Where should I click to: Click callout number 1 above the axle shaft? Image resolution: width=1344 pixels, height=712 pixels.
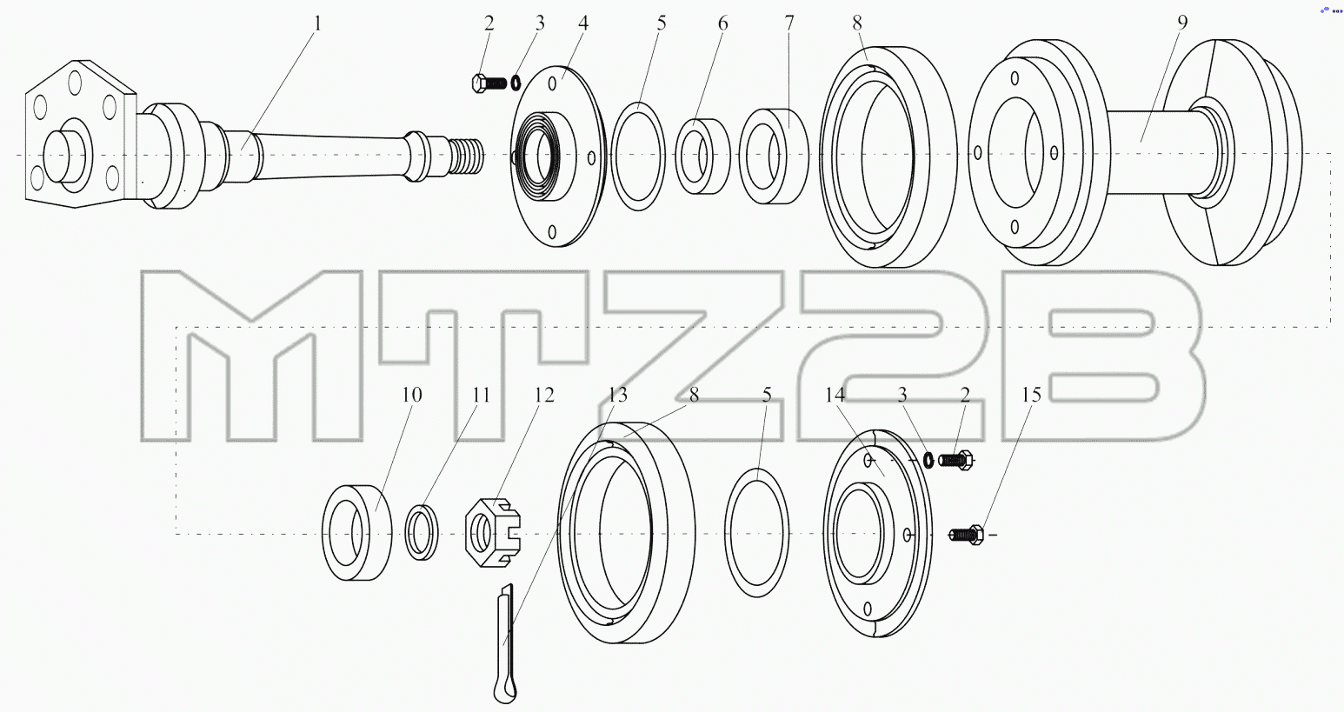[x=317, y=24]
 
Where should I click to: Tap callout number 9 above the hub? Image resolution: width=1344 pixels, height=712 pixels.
[x=1181, y=23]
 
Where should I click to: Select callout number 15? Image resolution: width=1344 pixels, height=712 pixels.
[x=1031, y=395]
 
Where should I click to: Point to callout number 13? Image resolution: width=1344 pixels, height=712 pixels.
[x=617, y=395]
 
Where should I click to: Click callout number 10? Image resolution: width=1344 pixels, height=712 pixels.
[x=411, y=395]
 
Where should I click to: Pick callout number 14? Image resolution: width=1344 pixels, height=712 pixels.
[x=835, y=395]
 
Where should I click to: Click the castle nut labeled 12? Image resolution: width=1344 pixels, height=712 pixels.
[x=493, y=532]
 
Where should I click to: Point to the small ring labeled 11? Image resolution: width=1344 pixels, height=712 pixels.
[x=422, y=533]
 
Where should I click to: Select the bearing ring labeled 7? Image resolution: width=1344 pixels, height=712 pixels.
[x=774, y=156]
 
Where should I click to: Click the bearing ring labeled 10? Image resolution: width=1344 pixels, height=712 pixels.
[x=357, y=533]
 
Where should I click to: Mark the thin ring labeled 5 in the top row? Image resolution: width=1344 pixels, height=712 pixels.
[x=638, y=156]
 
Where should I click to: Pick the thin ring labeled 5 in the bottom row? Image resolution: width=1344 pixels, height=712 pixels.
[x=756, y=533]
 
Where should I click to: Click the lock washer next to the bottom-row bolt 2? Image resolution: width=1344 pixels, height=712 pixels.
[x=928, y=460]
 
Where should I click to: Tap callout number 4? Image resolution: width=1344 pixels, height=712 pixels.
[x=582, y=24]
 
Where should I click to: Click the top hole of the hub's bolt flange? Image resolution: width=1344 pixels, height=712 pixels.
[x=1015, y=78]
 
